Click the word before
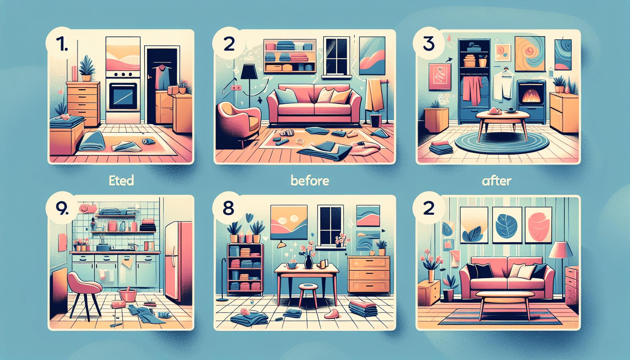click(x=310, y=181)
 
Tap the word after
click(x=496, y=181)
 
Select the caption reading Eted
click(x=121, y=181)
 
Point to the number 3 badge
click(x=429, y=44)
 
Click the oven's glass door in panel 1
click(x=123, y=97)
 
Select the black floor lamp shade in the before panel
click(x=249, y=72)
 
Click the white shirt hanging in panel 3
click(x=502, y=85)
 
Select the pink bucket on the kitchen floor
click(x=127, y=295)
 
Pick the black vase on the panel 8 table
click(x=308, y=262)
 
